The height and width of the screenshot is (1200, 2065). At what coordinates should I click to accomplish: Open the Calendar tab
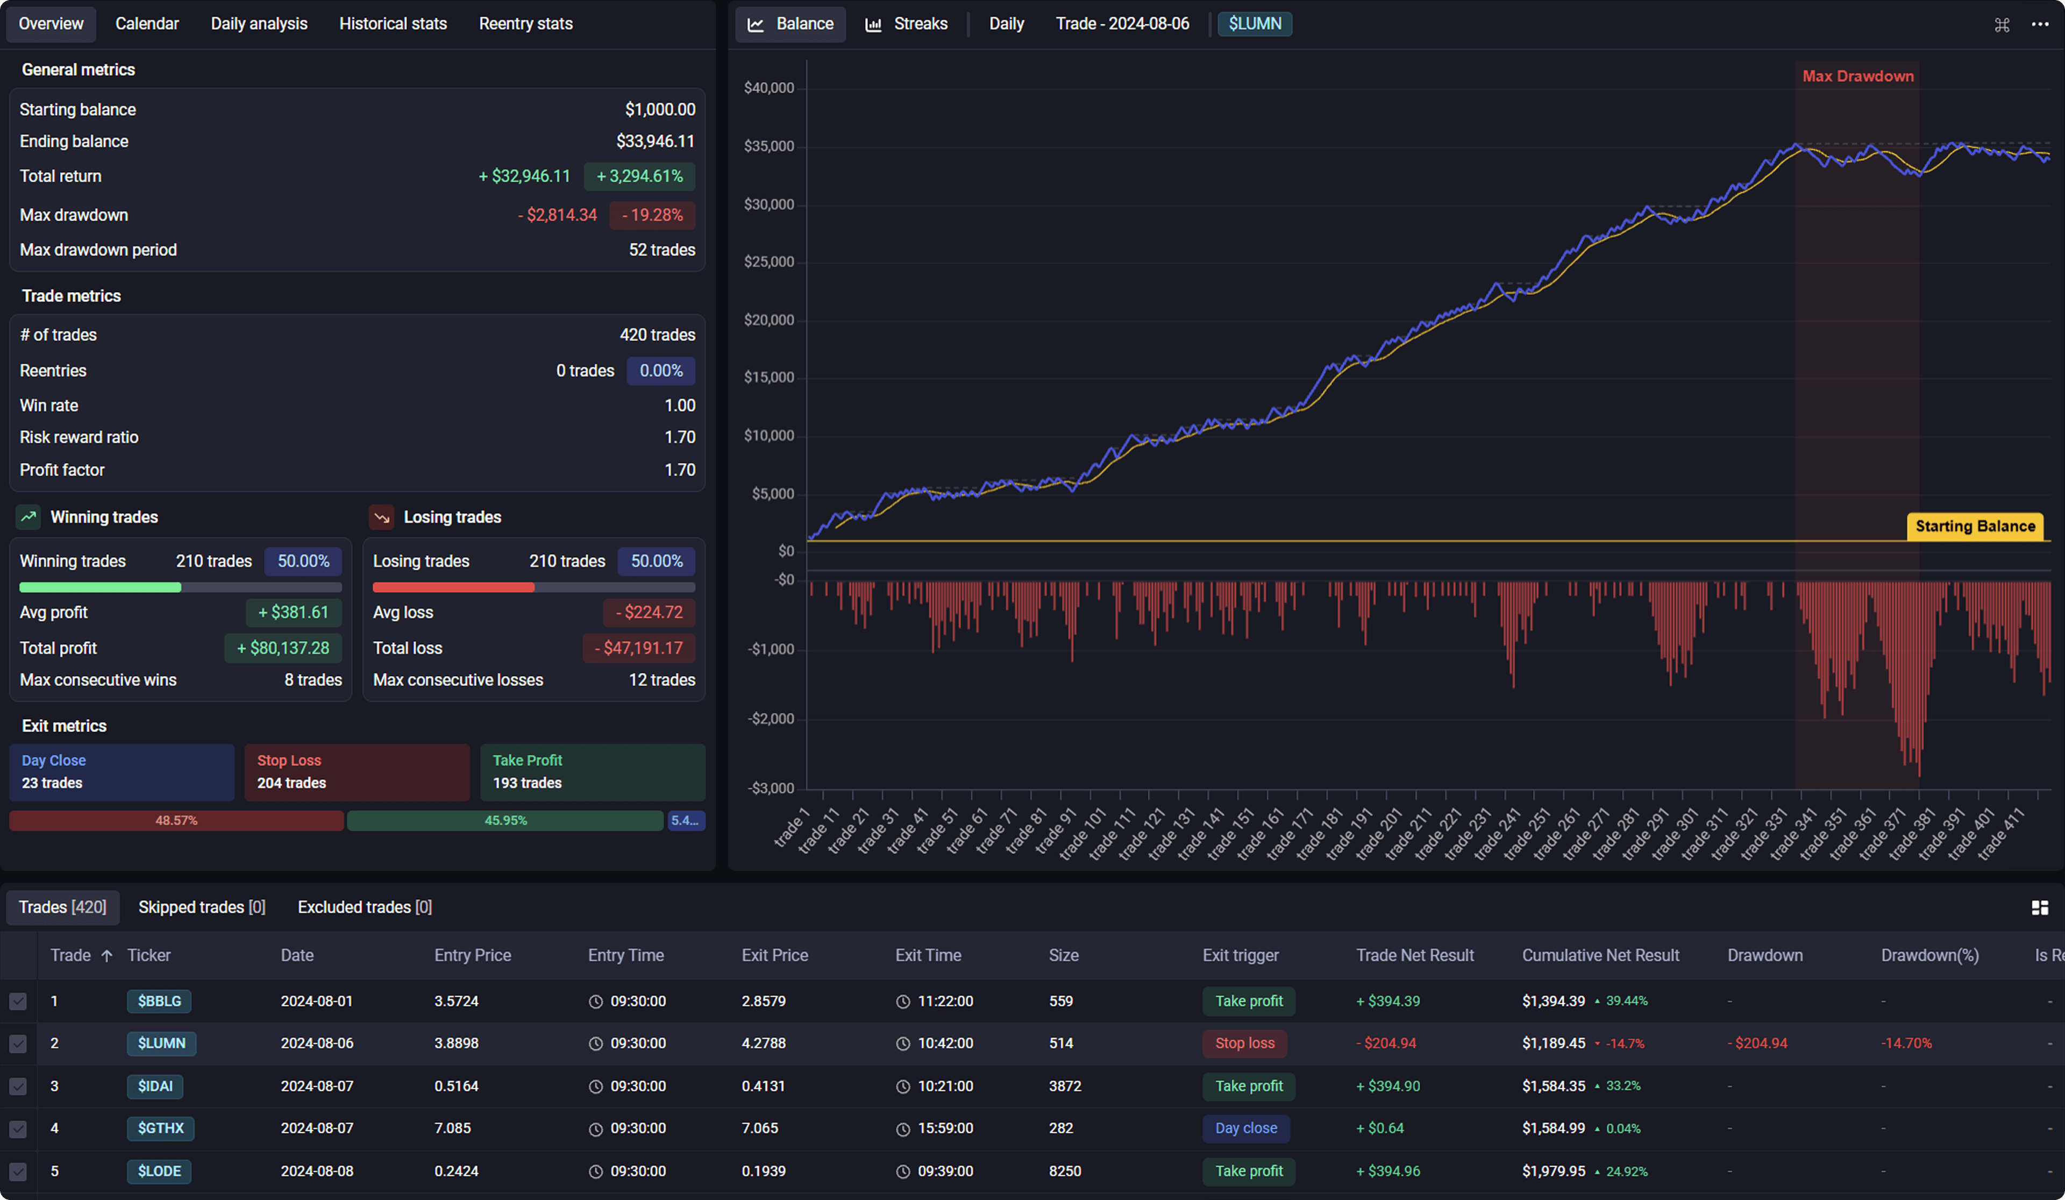(147, 24)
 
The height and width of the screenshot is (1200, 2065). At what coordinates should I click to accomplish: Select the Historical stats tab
(393, 24)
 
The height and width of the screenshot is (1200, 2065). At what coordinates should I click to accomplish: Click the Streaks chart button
(906, 24)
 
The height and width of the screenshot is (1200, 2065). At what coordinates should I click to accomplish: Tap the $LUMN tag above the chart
(1255, 24)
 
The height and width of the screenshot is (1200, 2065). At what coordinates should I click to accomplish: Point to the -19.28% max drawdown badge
(652, 215)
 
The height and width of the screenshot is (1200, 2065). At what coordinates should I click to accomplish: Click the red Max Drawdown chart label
(1857, 76)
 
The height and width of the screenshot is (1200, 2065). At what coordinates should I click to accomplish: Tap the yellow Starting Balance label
(1975, 526)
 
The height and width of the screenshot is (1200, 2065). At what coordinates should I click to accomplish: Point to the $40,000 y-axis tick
(768, 88)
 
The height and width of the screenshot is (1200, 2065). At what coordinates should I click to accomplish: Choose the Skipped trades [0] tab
(202, 907)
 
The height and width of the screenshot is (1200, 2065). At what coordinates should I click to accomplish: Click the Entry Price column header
(472, 956)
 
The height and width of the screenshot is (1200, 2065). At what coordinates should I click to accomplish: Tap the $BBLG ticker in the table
(159, 1002)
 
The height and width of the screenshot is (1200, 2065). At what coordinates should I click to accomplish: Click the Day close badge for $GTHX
(1245, 1128)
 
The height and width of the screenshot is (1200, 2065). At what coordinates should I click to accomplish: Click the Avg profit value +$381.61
(294, 612)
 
